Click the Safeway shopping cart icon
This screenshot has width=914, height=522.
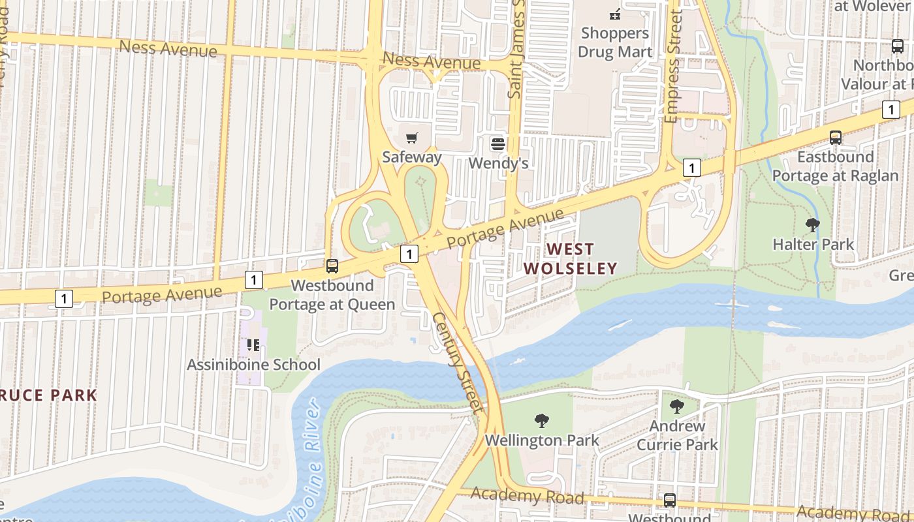click(x=411, y=138)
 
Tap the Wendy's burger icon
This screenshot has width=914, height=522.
click(x=498, y=143)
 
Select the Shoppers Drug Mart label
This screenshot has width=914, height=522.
click(x=615, y=42)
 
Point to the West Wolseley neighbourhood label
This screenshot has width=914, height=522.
click(x=571, y=258)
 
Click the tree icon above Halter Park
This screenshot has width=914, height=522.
click(x=813, y=226)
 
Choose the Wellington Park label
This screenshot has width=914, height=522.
click(x=542, y=440)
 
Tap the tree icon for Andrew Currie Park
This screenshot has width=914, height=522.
click(x=677, y=407)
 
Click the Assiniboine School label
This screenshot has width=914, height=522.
click(x=254, y=365)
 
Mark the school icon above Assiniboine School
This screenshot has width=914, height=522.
click(x=253, y=345)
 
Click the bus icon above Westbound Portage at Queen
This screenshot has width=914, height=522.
click(x=332, y=266)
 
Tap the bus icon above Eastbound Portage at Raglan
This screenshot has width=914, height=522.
click(x=836, y=138)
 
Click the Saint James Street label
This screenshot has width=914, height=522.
click(x=517, y=49)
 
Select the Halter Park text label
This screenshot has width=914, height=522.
click(x=813, y=245)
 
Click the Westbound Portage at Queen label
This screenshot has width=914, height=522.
click(x=332, y=295)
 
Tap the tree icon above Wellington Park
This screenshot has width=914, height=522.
click(x=541, y=421)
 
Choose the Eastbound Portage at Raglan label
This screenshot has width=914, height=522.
click(x=836, y=166)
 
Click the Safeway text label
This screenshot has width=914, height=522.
click(x=412, y=157)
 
